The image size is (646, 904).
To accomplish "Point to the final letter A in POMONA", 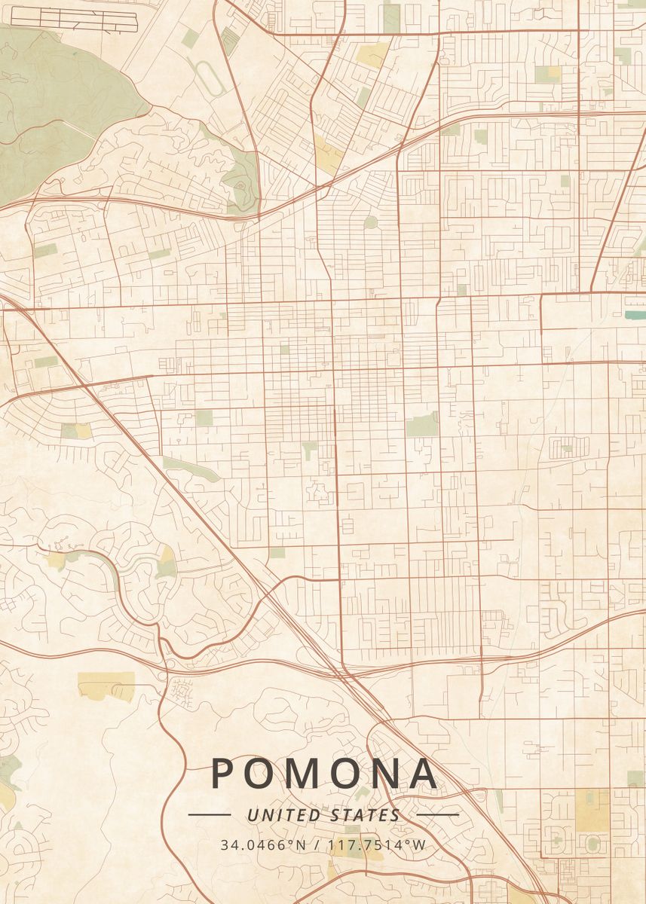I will point(424,773).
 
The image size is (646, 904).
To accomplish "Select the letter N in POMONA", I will point(387,773).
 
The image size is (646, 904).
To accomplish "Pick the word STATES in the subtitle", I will point(366,815).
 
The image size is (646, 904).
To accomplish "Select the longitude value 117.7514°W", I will point(378,844).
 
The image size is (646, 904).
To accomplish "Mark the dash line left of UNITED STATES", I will point(209,814).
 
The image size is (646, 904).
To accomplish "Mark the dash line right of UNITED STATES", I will point(437,814).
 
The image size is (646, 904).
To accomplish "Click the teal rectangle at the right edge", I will point(634,314).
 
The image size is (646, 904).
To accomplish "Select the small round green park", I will point(370,222).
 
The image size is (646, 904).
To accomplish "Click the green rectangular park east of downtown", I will point(422,425).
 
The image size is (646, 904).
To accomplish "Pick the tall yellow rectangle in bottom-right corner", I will point(592,810).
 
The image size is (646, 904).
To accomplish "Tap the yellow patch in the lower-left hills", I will point(106,686).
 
